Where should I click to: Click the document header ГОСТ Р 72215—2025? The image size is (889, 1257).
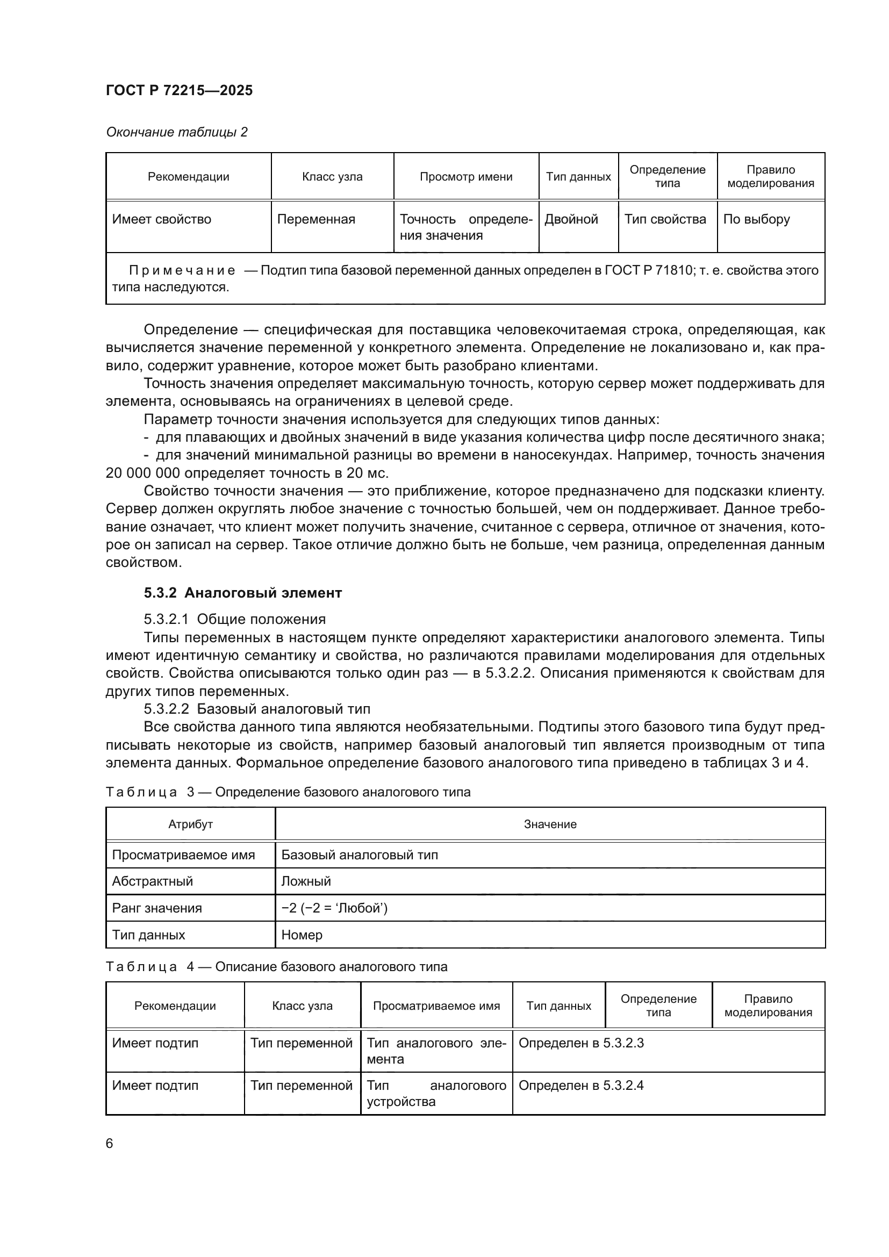click(179, 90)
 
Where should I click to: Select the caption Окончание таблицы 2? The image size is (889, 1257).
click(176, 132)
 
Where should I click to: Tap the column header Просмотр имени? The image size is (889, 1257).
click(466, 177)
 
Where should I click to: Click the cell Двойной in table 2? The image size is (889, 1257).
click(571, 220)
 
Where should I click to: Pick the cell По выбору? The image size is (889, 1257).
click(756, 220)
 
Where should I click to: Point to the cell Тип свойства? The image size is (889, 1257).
click(665, 220)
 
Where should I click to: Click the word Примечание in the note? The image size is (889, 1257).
click(182, 270)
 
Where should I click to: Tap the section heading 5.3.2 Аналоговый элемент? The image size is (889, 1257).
click(242, 593)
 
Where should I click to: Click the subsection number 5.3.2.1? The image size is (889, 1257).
click(166, 619)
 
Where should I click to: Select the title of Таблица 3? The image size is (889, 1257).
click(288, 792)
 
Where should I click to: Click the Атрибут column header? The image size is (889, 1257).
click(190, 824)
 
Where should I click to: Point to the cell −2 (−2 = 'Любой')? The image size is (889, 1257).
click(334, 908)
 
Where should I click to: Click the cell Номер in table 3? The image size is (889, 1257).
click(302, 935)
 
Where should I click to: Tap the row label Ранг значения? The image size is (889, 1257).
click(156, 908)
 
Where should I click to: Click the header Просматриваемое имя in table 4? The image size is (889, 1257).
click(436, 1005)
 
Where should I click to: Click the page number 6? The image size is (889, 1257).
click(110, 1144)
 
